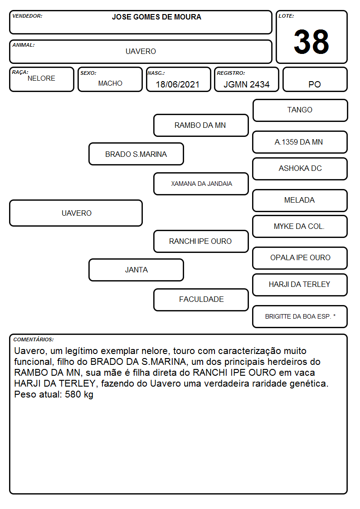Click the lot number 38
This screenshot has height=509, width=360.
coord(311,42)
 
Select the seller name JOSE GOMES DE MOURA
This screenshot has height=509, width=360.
coord(156,17)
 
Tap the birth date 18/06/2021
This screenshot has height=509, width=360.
coord(178,84)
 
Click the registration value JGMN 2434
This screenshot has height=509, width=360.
coord(246,84)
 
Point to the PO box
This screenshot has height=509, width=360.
coord(315,79)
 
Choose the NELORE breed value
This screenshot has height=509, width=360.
coord(41,78)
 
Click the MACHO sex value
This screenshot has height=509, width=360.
coord(110,83)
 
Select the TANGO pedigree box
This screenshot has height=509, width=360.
coord(300,111)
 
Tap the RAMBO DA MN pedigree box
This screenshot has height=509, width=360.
coord(201,125)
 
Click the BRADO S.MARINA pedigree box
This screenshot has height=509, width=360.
coord(136,154)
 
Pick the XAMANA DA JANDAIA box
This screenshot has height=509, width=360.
coord(201,184)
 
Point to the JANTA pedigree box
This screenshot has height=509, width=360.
coord(136,270)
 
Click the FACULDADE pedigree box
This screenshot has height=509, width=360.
coord(201,300)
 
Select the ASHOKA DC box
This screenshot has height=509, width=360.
coord(300,169)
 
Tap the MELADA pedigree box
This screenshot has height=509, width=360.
coord(300,200)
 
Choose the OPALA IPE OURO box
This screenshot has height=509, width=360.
coord(300,258)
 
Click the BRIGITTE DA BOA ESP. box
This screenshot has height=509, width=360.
coord(300,316)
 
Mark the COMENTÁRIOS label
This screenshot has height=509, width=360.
coord(34,339)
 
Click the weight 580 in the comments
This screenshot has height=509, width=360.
coord(73,394)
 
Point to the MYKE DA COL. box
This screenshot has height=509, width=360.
coord(300,227)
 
